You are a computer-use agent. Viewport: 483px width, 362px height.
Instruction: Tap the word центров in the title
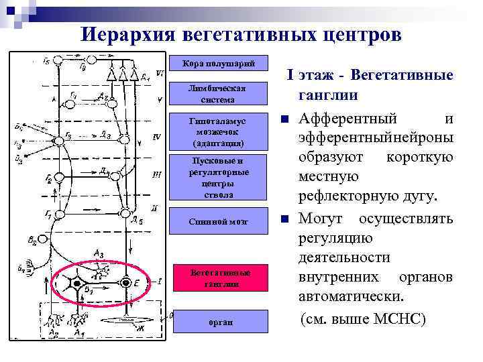355,34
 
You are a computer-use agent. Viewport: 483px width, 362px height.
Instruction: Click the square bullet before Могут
284,219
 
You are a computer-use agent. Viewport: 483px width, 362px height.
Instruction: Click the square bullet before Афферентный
284,120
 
